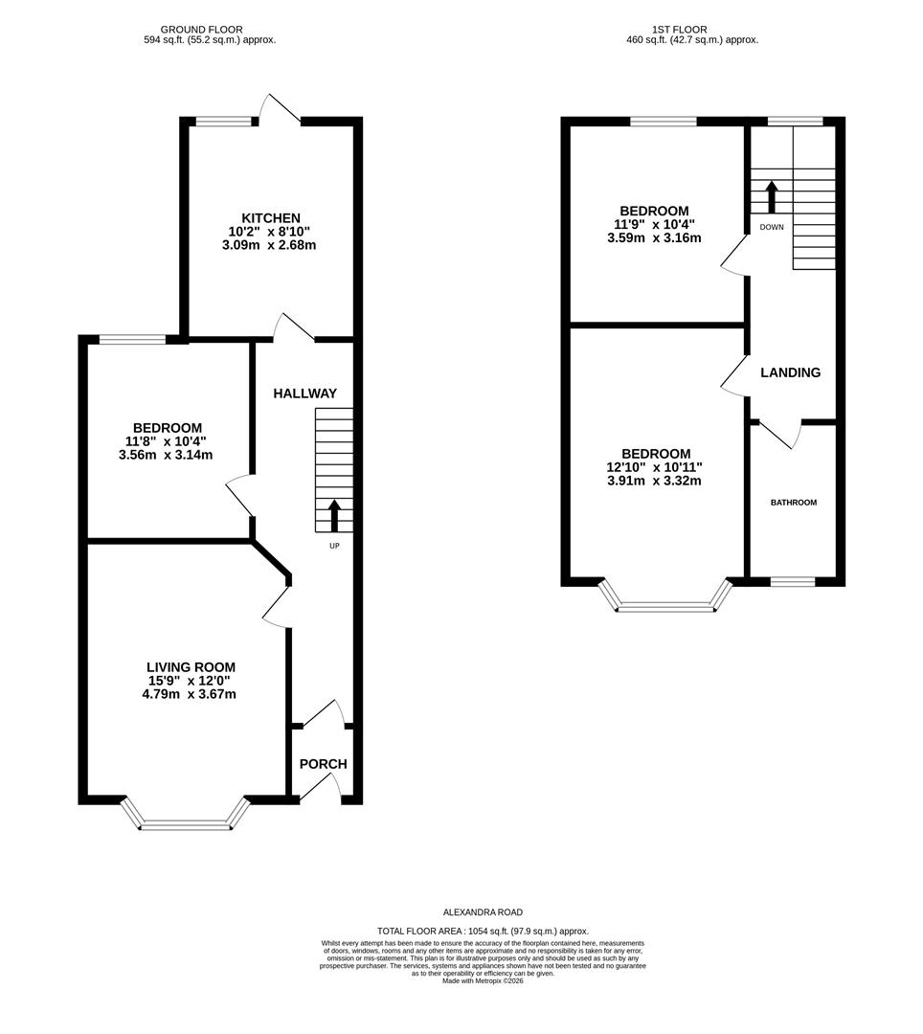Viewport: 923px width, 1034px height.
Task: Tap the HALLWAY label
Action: (x=305, y=393)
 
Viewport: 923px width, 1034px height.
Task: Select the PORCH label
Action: (x=323, y=764)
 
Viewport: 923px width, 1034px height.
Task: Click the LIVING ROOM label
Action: (x=191, y=667)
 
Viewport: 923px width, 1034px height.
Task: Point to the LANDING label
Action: (x=790, y=372)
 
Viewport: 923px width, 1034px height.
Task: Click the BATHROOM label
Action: (x=794, y=502)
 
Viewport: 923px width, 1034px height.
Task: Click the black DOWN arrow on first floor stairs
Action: (x=771, y=197)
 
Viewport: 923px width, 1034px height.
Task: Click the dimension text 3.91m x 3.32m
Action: (x=654, y=481)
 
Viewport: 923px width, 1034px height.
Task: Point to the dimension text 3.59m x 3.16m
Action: (x=654, y=237)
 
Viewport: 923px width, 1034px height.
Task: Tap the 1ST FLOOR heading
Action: (x=680, y=30)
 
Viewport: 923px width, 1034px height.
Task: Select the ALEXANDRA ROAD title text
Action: (x=484, y=912)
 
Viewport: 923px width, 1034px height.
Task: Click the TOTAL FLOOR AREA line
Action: (x=484, y=931)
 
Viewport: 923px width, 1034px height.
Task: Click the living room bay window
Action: (x=188, y=821)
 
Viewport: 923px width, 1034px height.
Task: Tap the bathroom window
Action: (x=793, y=581)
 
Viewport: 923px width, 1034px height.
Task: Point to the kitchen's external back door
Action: (x=283, y=109)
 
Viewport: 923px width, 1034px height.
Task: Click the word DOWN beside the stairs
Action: (x=772, y=227)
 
